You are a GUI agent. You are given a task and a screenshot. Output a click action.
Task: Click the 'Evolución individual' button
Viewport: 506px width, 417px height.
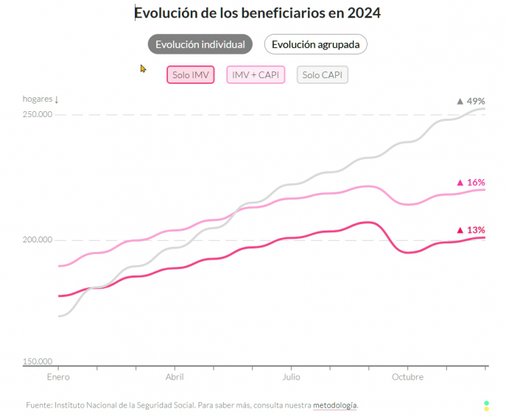[200, 44]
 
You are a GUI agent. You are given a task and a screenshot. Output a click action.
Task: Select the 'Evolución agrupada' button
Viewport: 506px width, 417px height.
[315, 44]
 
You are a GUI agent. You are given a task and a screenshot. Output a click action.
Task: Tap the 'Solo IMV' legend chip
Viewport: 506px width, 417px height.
[191, 75]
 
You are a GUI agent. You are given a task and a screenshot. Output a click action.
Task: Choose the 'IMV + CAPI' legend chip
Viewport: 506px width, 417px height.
[255, 75]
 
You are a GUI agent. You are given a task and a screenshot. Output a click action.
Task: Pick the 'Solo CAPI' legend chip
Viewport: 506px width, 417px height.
[323, 75]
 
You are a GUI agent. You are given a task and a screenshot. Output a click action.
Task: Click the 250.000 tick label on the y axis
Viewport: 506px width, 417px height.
[38, 114]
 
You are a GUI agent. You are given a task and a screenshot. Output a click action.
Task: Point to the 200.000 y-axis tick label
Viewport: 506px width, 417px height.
[38, 239]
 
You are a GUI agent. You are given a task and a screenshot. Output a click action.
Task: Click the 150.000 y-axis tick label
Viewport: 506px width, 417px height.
[38, 362]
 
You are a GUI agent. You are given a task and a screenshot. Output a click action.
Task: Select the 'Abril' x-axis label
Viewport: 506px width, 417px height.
[175, 377]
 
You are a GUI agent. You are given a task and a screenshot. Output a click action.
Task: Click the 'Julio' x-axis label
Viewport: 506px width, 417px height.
[291, 377]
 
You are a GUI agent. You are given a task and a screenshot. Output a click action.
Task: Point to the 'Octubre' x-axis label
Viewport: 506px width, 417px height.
[407, 377]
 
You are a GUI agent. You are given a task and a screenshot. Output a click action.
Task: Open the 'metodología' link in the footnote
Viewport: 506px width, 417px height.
[335, 405]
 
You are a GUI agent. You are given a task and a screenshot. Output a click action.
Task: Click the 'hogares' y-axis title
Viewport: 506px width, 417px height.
[38, 99]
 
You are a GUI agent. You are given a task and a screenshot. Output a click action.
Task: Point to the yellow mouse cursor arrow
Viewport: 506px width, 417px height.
[143, 68]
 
